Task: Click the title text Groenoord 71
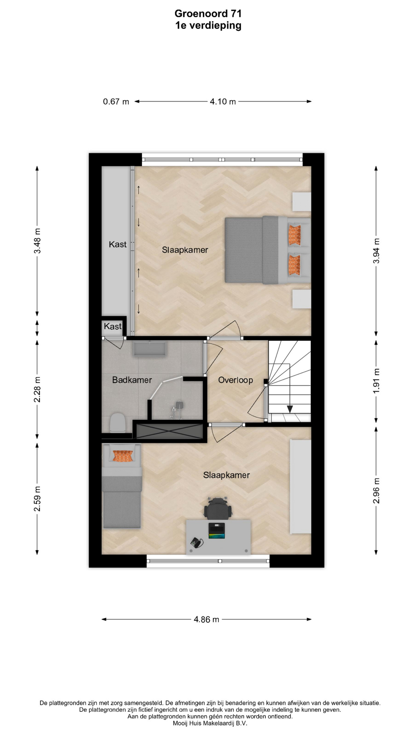(208, 14)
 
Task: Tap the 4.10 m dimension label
(223, 102)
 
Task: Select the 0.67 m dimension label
(116, 102)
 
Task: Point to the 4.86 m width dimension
(207, 619)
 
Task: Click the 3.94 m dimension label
(376, 251)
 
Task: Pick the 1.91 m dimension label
(376, 381)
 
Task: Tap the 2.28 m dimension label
(37, 389)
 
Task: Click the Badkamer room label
(132, 380)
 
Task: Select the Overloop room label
(235, 380)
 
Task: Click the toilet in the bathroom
(117, 423)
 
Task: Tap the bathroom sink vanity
(150, 349)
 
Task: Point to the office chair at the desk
(218, 508)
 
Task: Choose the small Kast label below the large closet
(113, 326)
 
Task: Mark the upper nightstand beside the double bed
(302, 202)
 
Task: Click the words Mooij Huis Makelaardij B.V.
(210, 723)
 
